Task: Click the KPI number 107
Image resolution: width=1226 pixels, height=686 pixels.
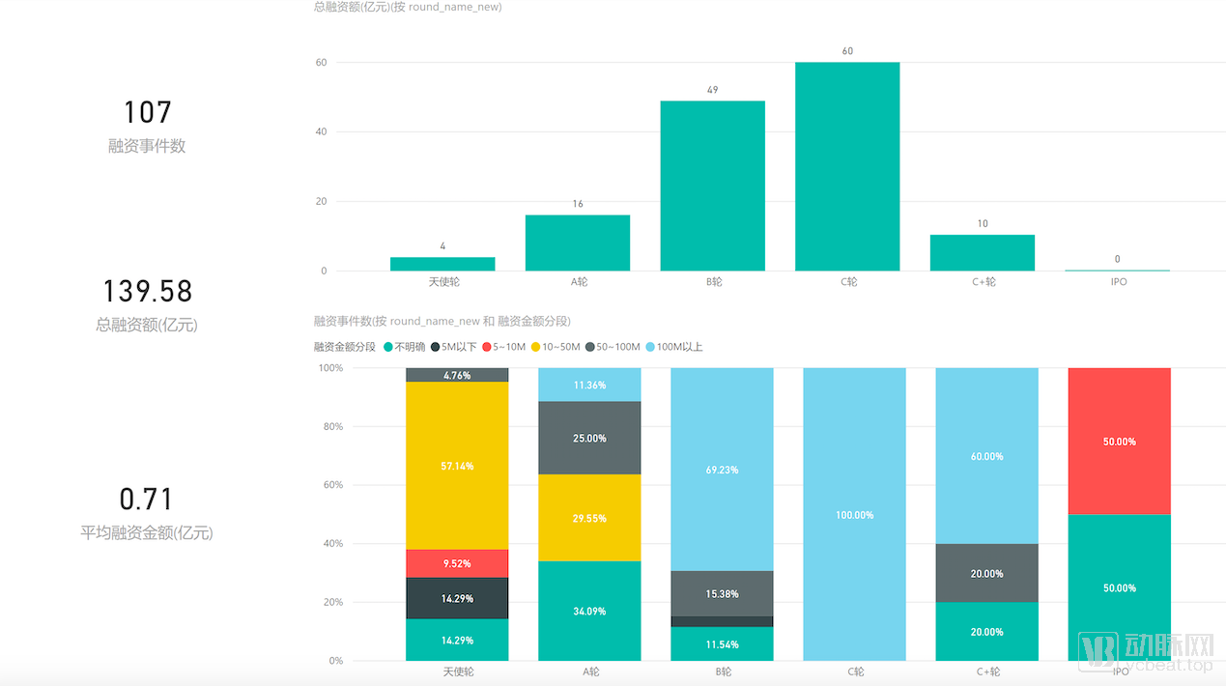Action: pos(147,112)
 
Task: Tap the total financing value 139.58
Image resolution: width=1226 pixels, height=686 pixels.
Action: pos(147,291)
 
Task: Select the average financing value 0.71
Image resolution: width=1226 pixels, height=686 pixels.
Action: pos(147,500)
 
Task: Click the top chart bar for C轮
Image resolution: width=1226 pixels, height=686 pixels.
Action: pos(847,166)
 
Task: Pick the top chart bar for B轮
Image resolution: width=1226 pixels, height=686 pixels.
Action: pos(712,186)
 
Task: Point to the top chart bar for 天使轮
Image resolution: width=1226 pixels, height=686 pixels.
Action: pos(442,264)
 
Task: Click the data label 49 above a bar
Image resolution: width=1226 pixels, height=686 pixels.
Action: pos(712,90)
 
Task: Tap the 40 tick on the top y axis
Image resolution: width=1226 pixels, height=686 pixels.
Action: pos(321,132)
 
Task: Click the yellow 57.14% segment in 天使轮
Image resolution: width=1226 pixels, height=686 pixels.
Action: pos(457,466)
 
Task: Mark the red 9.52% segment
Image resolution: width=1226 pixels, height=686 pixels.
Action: pos(457,563)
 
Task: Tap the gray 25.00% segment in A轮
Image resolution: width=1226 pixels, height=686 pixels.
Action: pos(589,438)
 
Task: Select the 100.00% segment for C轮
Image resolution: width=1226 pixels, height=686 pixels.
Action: pos(854,514)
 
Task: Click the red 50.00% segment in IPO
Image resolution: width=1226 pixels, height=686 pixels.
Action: pos(1119,441)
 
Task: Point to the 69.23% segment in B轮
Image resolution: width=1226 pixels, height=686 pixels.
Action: pos(722,470)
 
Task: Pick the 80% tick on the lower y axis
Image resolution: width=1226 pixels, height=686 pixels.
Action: pos(330,427)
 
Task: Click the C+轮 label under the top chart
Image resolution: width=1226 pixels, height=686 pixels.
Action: pos(984,282)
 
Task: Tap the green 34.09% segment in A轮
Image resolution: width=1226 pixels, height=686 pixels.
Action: pos(589,611)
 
